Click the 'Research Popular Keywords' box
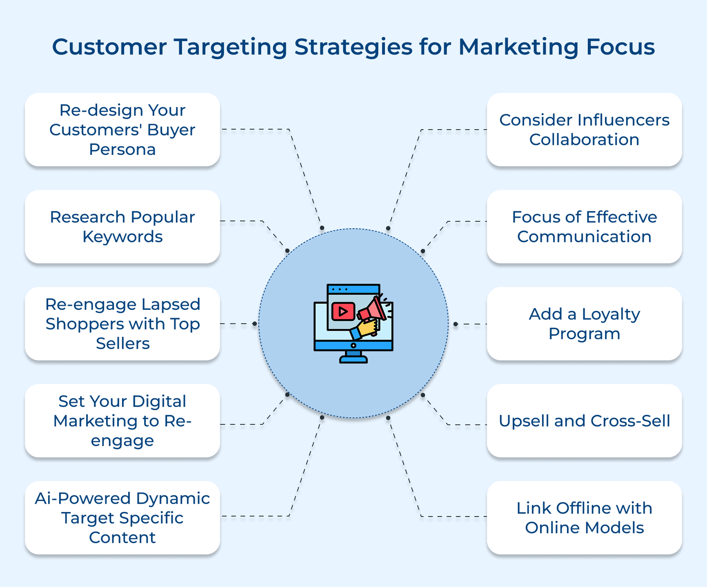tap(122, 227)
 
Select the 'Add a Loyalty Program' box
tap(584, 324)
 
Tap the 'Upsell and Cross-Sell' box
tap(584, 421)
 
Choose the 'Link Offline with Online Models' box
tap(584, 518)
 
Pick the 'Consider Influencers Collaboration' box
tap(584, 130)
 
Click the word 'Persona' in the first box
tap(122, 150)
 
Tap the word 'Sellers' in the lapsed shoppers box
tap(123, 343)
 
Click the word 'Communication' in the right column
tap(584, 237)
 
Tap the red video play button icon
tap(343, 312)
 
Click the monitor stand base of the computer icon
tap(353, 360)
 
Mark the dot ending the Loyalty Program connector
tap(456, 324)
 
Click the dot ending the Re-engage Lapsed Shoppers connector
tap(255, 324)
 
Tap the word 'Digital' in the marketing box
tap(159, 401)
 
